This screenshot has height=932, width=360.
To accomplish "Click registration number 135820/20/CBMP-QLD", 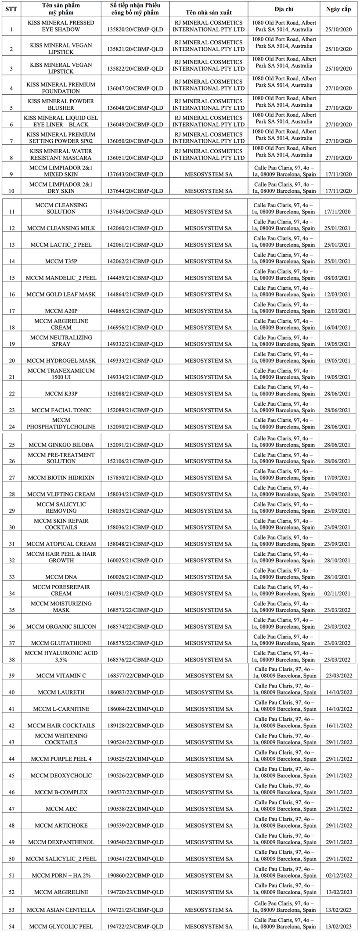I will point(135,29).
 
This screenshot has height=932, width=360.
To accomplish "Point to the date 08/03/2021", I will point(338,278).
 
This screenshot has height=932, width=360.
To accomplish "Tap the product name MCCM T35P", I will point(61,261).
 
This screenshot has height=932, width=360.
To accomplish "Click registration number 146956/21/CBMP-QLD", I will point(135,327).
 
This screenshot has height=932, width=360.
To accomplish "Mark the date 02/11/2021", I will point(338,594).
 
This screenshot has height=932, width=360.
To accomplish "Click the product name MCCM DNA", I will point(61,577).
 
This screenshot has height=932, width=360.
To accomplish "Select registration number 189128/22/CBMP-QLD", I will point(135,726).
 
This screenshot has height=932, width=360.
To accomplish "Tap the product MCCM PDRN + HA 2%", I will point(61,875).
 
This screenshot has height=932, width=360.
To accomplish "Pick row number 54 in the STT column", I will point(11,926).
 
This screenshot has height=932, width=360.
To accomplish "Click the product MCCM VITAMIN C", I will point(61,676).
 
